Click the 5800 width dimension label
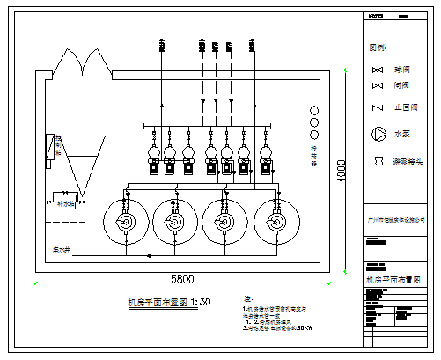pyautogui.click(x=182, y=278)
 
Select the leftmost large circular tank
pyautogui.click(x=126, y=222)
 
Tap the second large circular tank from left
pyautogui.click(x=176, y=222)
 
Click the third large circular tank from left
pyautogui.click(x=227, y=222)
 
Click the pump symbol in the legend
pyautogui.click(x=379, y=135)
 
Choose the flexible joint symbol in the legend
pyautogui.click(x=379, y=162)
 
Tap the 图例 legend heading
pyautogui.click(x=378, y=47)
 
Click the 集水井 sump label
pyautogui.click(x=62, y=249)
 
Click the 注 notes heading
pyautogui.click(x=247, y=300)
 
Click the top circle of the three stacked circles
pyautogui.click(x=314, y=111)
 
